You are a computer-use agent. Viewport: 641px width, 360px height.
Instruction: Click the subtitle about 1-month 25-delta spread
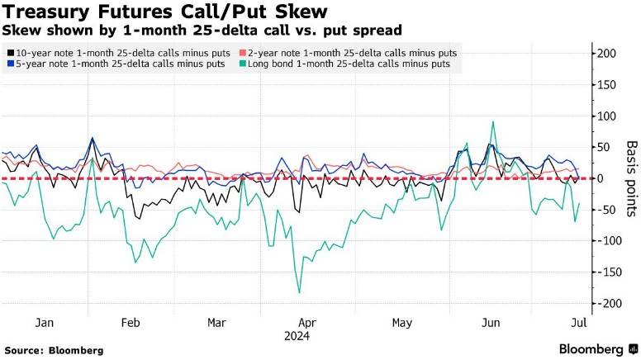pyautogui.click(x=202, y=30)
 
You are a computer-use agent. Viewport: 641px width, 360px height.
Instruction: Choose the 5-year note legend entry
pyautogui.click(x=116, y=64)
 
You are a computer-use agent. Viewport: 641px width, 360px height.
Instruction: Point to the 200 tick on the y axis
pyautogui.click(x=607, y=54)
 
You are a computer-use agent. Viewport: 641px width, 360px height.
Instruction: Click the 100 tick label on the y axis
pyautogui.click(x=607, y=116)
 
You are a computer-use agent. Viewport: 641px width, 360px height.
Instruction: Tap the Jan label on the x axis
pyautogui.click(x=45, y=324)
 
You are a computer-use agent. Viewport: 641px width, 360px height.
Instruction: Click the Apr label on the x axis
pyautogui.click(x=307, y=324)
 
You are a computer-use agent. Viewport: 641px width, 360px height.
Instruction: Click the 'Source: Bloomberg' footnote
pyautogui.click(x=54, y=350)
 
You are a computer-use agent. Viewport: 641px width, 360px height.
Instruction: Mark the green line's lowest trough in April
pyautogui.click(x=298, y=292)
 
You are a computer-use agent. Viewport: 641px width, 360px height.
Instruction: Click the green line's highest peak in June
pyautogui.click(x=493, y=122)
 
